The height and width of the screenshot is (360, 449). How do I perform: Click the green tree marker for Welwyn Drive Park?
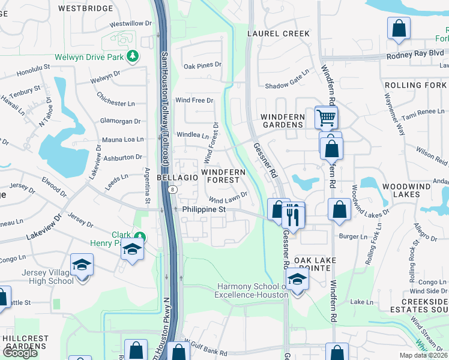point(133,57)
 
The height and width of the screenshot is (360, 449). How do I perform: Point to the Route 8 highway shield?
point(172,190)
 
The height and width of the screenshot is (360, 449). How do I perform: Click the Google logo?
point(20,353)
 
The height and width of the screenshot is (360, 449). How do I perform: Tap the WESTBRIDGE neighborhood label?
point(86,8)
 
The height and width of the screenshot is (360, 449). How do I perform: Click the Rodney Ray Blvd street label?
point(415,53)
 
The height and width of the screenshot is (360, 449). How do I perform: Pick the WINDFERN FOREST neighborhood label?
point(223,175)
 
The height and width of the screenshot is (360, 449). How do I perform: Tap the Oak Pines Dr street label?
point(202,65)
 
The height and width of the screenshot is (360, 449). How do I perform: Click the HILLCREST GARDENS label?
point(25,343)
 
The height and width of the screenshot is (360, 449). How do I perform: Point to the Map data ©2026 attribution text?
point(424,355)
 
